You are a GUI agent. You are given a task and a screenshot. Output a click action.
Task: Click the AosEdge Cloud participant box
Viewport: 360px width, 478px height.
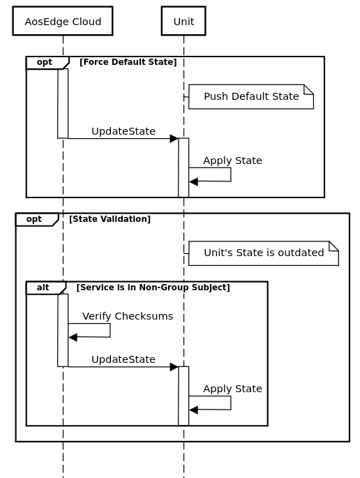[x=63, y=21]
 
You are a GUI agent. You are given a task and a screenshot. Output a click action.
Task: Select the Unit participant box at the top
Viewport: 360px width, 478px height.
[x=183, y=21]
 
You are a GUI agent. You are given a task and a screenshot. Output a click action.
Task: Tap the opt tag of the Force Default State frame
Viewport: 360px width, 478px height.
[x=45, y=62]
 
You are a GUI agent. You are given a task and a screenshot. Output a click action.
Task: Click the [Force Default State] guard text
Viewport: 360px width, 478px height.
[x=128, y=62]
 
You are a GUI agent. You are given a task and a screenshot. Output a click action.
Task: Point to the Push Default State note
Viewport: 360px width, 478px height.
[x=250, y=96]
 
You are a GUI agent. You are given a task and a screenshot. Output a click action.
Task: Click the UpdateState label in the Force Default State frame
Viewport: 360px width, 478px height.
[x=123, y=131]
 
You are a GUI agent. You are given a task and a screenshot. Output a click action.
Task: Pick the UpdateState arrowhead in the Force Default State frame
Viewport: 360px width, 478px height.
[x=174, y=139]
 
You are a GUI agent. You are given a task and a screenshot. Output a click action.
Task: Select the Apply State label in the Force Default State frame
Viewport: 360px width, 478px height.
[x=232, y=160]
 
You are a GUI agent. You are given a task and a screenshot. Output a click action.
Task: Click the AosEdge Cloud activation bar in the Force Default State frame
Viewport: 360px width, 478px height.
[x=63, y=103]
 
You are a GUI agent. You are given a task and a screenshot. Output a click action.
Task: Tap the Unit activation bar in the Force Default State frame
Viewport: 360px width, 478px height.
[x=183, y=167]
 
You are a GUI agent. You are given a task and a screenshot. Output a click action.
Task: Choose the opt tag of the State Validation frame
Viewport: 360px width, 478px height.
[x=34, y=219]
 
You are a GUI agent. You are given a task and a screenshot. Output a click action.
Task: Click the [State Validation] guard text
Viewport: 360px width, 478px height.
[x=110, y=219]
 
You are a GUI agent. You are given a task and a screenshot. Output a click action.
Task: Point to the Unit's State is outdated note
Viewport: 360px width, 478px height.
[x=263, y=253]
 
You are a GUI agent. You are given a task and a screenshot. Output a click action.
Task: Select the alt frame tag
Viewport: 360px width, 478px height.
[x=43, y=287]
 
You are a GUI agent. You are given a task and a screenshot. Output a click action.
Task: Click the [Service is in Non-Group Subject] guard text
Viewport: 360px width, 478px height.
[x=153, y=287]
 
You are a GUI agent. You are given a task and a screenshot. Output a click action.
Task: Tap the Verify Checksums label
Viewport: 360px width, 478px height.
[x=127, y=316]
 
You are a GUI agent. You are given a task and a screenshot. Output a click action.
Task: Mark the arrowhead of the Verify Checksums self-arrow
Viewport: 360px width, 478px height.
[x=73, y=338]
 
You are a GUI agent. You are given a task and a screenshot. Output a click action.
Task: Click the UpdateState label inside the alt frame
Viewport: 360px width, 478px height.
[x=123, y=359]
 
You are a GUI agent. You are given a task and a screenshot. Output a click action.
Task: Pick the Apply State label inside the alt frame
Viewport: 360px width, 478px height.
[x=232, y=389]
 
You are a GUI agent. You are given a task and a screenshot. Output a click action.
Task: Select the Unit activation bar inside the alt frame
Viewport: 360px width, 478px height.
[x=183, y=396]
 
